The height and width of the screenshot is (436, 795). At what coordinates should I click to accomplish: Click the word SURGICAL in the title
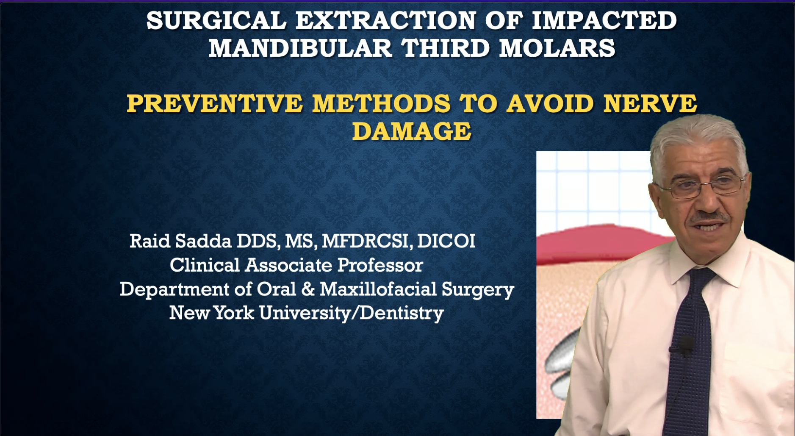[216, 20]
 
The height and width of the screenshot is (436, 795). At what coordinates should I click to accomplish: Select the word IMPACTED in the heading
[604, 20]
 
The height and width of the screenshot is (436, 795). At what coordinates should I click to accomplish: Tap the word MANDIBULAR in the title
[300, 48]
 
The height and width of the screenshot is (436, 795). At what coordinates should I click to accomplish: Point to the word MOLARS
[557, 48]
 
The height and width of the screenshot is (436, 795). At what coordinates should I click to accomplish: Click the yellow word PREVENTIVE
[215, 104]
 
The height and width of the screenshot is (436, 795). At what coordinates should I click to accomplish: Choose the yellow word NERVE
[650, 104]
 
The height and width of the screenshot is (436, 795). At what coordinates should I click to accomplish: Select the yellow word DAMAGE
[412, 131]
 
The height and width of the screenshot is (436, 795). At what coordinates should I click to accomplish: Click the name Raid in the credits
[150, 241]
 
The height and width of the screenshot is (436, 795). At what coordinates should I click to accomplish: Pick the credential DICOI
[446, 241]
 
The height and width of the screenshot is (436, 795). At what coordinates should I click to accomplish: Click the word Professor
[380, 265]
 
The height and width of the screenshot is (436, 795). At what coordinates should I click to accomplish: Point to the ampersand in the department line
[308, 289]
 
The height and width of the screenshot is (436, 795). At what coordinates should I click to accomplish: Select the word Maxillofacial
[378, 289]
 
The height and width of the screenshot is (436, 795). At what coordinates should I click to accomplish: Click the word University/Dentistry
[352, 314]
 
